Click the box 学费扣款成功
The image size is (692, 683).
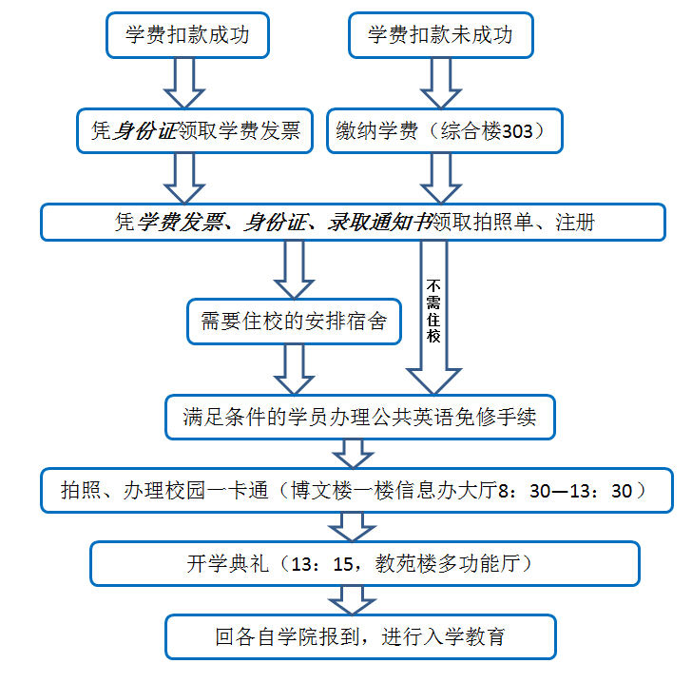click(187, 35)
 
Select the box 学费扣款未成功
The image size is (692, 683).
click(441, 35)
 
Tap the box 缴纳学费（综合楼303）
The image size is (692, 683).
click(445, 130)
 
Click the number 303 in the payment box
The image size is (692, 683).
click(518, 131)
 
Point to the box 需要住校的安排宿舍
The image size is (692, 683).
click(294, 322)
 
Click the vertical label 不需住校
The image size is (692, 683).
click(433, 311)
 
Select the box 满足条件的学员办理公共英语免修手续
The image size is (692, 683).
click(360, 417)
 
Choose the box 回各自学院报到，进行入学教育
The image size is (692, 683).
click(360, 636)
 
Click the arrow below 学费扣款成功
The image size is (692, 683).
click(184, 83)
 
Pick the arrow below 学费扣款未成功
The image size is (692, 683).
click(441, 83)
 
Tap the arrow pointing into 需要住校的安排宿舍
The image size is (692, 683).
click(294, 269)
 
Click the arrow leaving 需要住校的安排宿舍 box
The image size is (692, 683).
click(294, 369)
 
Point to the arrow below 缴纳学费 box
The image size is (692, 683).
click(441, 179)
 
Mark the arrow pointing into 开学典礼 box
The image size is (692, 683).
click(352, 527)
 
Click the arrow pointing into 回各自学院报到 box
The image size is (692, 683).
click(352, 600)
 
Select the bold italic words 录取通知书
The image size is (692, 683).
click(379, 223)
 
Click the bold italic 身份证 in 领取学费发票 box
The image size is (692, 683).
click(145, 130)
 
